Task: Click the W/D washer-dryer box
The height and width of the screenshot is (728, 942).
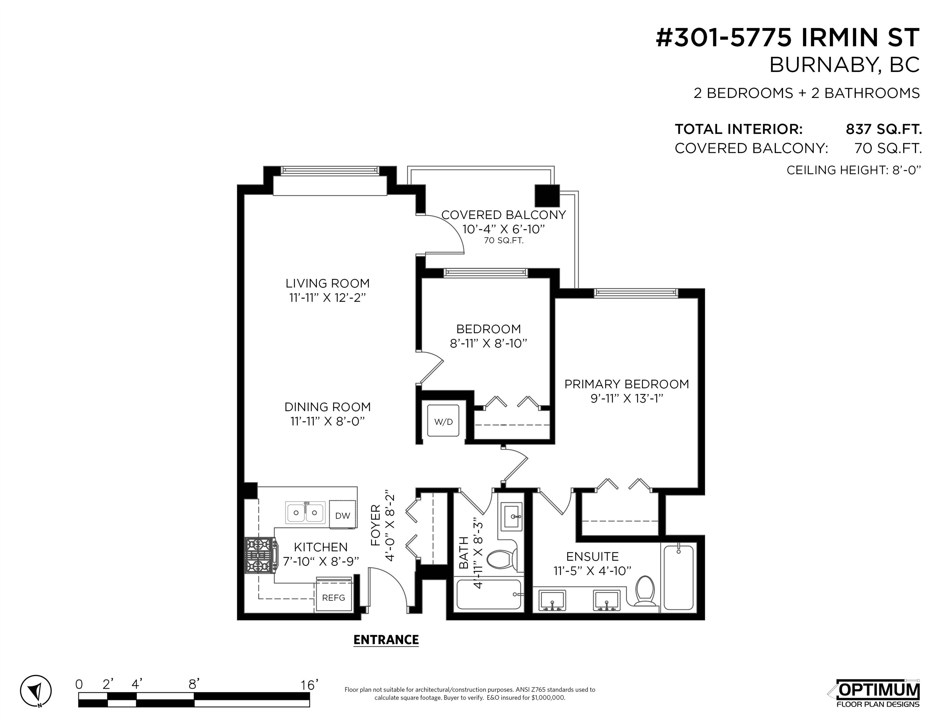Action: [443, 421]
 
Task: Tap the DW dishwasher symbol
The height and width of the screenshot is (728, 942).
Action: [343, 514]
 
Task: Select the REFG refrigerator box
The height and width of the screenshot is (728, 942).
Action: [333, 597]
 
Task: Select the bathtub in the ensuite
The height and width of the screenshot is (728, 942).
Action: [678, 577]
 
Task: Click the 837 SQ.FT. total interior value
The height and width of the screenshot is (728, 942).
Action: [884, 129]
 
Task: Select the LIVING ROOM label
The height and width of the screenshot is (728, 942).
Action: [328, 283]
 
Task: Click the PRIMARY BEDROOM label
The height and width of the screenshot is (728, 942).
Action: [627, 384]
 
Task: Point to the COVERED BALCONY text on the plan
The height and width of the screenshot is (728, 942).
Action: [503, 215]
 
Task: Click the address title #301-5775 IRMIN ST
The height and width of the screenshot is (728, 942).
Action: [787, 38]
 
